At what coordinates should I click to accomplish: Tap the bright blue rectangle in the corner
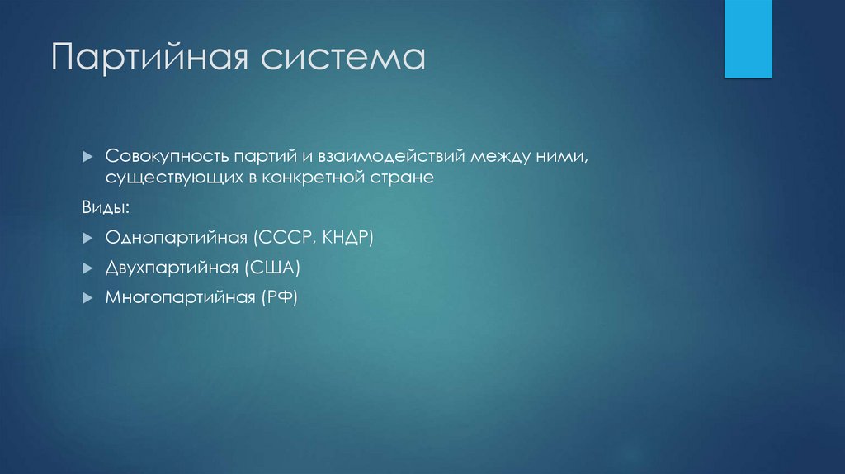(x=748, y=39)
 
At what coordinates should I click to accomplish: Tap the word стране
(x=405, y=178)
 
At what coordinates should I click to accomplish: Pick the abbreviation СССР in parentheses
(x=285, y=239)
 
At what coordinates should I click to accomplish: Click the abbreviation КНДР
(x=347, y=239)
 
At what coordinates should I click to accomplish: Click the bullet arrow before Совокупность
(x=87, y=156)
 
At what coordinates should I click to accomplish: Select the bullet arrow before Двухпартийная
(x=87, y=268)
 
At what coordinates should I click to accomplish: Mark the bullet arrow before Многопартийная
(x=87, y=298)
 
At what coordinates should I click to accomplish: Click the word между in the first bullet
(x=494, y=156)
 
